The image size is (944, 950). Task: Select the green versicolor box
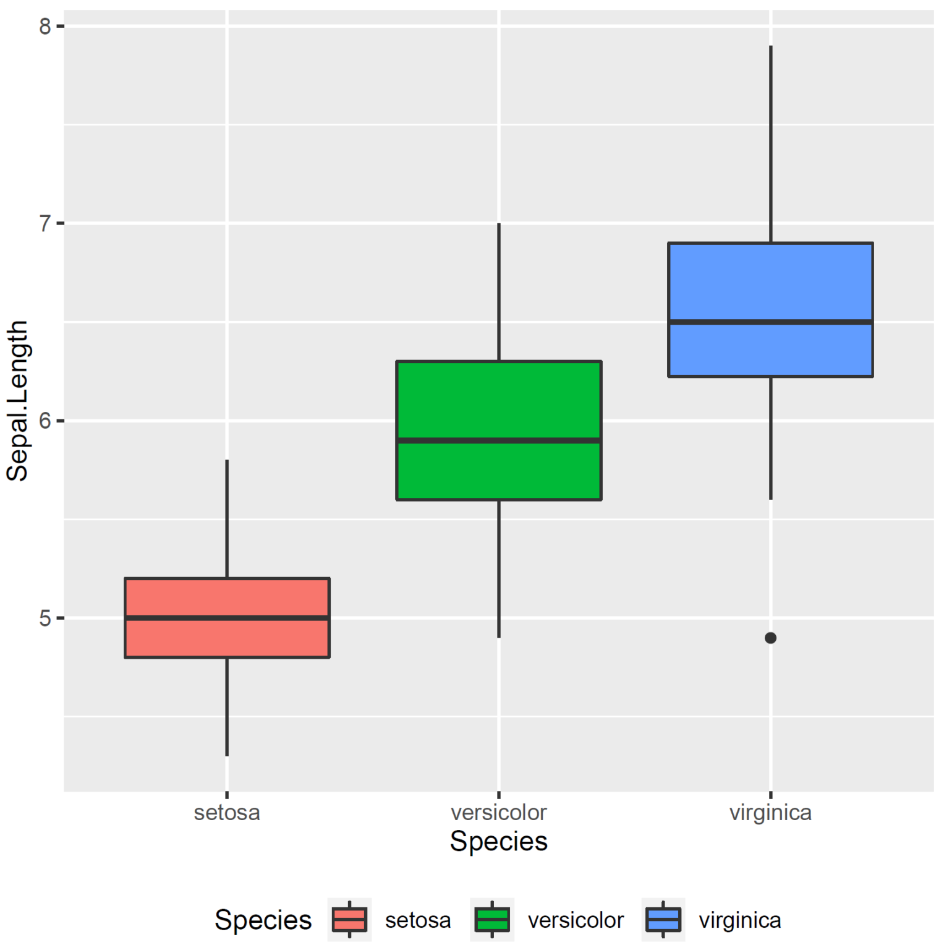(498, 402)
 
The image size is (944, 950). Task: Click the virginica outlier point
(770, 638)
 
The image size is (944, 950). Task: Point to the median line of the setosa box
(227, 618)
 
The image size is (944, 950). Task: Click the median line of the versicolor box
(498, 440)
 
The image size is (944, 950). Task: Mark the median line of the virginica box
(770, 322)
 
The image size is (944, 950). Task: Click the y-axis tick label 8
(45, 27)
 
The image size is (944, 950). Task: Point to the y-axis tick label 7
(45, 223)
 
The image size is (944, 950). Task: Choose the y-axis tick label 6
(45, 421)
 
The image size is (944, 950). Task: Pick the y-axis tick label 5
(45, 618)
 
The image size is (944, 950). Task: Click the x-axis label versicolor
(498, 812)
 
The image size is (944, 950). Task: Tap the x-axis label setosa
(227, 812)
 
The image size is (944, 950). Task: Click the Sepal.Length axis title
(17, 401)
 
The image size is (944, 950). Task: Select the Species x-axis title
(498, 841)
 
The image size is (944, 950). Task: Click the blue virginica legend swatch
(663, 920)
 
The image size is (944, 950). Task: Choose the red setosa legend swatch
(349, 920)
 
